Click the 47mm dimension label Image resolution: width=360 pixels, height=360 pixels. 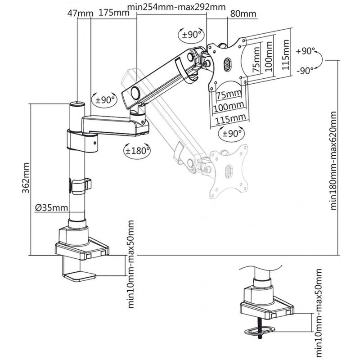point(80,13)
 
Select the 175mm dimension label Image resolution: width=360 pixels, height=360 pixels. point(114,13)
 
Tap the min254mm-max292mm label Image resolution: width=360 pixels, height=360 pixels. point(176,7)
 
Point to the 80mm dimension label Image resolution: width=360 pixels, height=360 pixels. point(243,14)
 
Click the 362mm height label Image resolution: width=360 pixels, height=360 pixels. point(26,178)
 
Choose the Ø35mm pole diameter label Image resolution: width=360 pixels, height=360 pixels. point(52,208)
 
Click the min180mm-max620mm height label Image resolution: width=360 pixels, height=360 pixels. point(333,161)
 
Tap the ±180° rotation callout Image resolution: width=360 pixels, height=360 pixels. point(137,151)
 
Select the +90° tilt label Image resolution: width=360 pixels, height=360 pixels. point(306,51)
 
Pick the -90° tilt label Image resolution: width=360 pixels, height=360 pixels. point(305,71)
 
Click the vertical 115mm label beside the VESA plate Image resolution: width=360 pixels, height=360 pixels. point(286,55)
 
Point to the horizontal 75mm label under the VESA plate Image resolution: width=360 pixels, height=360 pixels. point(229,94)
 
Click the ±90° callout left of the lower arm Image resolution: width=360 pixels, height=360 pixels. point(104,100)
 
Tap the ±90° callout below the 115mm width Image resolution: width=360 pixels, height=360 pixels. point(231,133)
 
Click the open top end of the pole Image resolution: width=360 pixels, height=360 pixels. point(77,104)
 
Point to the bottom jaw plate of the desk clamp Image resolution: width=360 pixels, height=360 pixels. point(79,276)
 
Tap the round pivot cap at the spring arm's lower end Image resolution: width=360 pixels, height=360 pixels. point(135,93)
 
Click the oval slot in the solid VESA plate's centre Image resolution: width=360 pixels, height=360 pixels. point(228,64)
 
